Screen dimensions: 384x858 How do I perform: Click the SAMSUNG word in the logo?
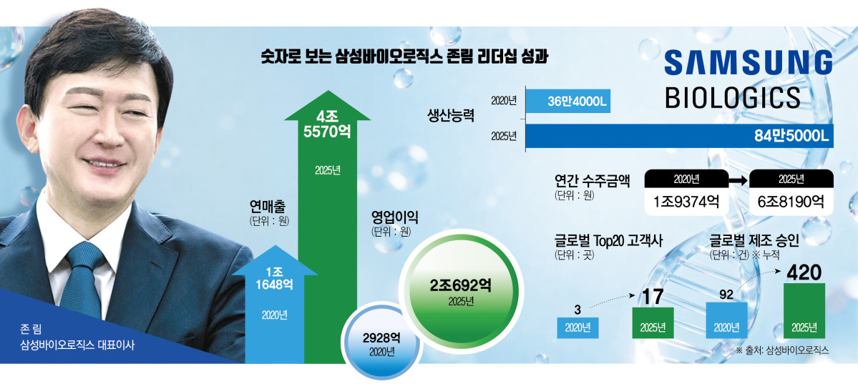pos(748,63)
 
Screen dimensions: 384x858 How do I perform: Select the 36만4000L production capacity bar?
pos(569,102)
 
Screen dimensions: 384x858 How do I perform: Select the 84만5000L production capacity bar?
pos(679,136)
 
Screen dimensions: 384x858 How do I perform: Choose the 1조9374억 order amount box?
pos(686,201)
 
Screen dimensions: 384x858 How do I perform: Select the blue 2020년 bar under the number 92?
pos(726,320)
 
